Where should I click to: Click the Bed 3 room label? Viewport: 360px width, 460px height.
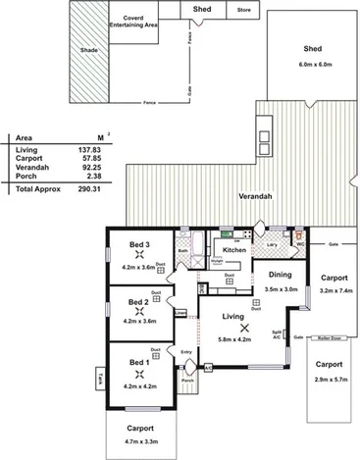tap(139, 244)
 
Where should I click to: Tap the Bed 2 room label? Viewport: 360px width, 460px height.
tap(139, 301)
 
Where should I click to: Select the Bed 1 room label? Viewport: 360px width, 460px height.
tap(139, 362)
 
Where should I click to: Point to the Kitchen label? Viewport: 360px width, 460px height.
tap(233, 251)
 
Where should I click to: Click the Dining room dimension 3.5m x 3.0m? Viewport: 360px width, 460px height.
tap(283, 290)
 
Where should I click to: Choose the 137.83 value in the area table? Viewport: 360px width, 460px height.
tap(93, 148)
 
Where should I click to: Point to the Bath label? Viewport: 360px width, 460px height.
tap(183, 251)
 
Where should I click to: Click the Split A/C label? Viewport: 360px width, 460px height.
tap(278, 333)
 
